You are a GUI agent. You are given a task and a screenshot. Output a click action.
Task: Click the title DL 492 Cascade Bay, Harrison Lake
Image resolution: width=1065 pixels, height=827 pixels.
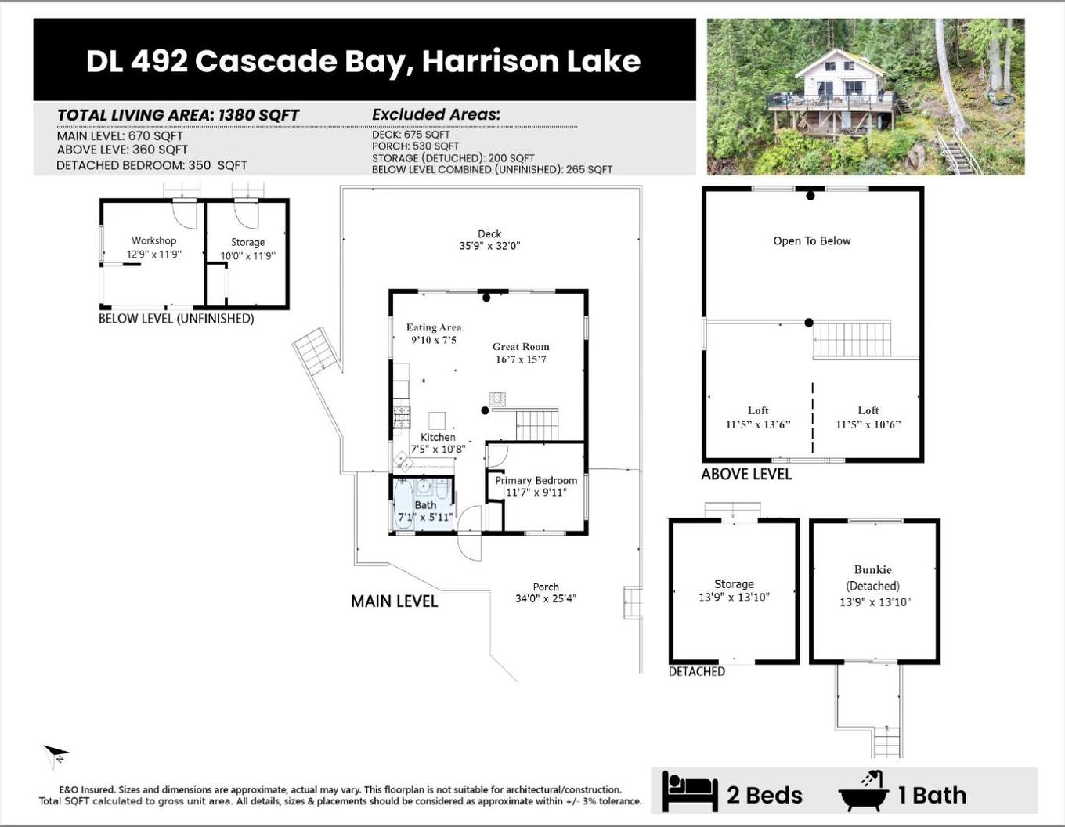(x=363, y=61)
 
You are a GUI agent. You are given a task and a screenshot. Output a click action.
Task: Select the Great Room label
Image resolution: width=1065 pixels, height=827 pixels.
(x=521, y=347)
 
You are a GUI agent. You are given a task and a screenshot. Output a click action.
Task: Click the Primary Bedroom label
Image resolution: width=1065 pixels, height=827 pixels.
(x=536, y=480)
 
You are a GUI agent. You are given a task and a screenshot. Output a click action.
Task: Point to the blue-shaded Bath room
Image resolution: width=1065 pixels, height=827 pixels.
(x=424, y=505)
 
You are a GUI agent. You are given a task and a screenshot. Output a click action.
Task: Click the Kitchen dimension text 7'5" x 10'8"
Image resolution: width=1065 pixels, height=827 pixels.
(x=438, y=450)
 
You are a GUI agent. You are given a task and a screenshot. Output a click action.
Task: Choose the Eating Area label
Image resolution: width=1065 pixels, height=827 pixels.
(x=433, y=327)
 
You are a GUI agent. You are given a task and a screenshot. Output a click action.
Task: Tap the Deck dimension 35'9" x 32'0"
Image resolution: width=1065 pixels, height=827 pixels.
(x=489, y=246)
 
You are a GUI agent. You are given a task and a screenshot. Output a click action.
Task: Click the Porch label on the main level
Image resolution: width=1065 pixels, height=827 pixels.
(x=546, y=587)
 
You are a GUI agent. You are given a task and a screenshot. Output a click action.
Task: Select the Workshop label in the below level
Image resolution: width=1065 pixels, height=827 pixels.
(x=153, y=240)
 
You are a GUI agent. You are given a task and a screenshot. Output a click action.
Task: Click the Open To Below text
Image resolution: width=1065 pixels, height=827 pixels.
(x=812, y=241)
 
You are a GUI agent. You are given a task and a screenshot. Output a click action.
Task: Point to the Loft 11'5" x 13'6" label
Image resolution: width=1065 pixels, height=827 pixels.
(x=758, y=417)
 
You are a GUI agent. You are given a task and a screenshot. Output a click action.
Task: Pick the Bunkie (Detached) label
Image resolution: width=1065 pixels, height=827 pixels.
(x=873, y=577)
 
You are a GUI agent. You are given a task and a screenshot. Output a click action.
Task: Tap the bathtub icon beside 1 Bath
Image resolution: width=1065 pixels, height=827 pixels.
(x=864, y=792)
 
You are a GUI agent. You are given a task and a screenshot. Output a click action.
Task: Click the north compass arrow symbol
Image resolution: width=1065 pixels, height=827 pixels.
(x=56, y=756)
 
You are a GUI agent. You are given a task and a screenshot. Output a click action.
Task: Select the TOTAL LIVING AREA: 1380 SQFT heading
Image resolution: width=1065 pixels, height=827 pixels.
(x=178, y=115)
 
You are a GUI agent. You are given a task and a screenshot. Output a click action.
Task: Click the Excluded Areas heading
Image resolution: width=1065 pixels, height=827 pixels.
(x=435, y=114)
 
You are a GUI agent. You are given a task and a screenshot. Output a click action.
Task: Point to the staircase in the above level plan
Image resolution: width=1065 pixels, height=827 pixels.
(x=852, y=339)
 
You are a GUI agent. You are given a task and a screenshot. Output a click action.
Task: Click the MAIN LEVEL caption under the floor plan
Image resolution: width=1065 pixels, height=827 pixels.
(x=394, y=601)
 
